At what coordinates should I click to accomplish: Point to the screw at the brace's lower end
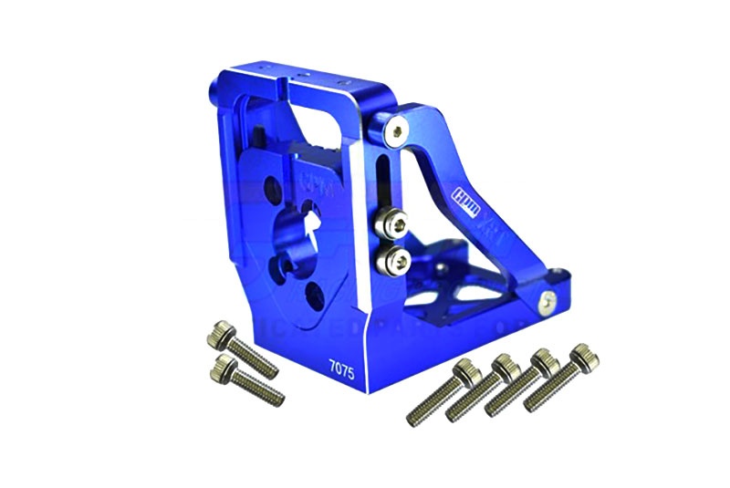click(546, 299)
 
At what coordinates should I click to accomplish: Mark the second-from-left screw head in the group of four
click(504, 365)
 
